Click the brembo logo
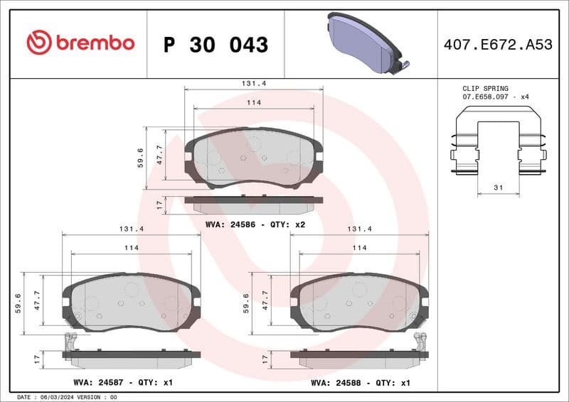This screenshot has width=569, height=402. (80, 43)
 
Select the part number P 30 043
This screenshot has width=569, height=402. (216, 45)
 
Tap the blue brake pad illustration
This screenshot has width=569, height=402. (364, 43)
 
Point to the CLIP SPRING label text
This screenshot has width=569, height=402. (486, 89)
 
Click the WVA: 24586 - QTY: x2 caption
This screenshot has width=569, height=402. (255, 224)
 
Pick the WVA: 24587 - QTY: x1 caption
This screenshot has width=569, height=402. (123, 382)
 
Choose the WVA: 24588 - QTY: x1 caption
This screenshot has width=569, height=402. (361, 382)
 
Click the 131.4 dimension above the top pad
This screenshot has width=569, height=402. (254, 83)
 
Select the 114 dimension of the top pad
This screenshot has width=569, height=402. (254, 103)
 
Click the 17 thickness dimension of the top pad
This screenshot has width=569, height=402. (159, 205)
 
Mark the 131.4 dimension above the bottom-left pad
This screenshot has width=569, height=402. (132, 229)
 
